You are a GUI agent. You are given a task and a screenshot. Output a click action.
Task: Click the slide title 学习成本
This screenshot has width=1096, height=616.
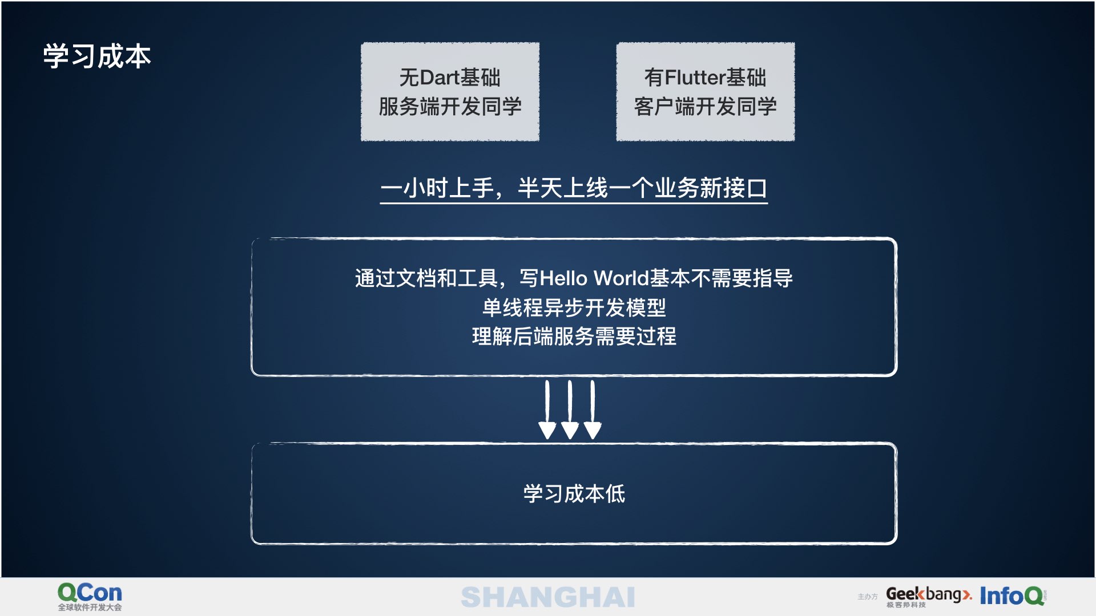tap(97, 56)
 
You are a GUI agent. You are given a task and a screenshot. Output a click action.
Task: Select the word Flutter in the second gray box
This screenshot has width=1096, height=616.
tap(695, 78)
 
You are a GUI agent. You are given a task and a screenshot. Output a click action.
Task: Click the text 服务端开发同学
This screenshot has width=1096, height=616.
tap(450, 107)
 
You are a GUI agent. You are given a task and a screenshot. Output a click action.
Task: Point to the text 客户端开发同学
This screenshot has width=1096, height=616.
tap(706, 107)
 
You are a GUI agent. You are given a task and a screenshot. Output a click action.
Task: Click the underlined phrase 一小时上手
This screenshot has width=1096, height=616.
tap(437, 188)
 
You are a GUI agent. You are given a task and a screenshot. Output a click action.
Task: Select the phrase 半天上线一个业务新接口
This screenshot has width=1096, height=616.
tap(642, 188)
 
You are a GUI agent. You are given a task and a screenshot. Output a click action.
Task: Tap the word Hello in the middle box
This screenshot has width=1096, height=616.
tap(563, 278)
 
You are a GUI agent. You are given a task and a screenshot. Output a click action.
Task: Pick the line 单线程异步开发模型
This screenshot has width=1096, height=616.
tap(574, 308)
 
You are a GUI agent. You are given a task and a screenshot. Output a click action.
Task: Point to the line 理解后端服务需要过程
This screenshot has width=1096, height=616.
tap(574, 337)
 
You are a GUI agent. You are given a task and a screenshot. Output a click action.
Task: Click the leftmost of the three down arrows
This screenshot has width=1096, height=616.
tap(547, 410)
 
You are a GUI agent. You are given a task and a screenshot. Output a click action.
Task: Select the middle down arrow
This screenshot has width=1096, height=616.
tap(570, 410)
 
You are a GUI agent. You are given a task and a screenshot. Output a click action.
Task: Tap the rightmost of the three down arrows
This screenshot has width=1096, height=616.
tap(593, 410)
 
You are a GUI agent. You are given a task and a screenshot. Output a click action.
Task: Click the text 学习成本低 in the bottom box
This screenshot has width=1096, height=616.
tap(574, 494)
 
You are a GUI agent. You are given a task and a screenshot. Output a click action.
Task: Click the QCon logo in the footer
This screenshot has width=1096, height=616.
tap(90, 593)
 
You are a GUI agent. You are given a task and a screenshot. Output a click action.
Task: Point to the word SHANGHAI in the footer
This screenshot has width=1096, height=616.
tap(548, 597)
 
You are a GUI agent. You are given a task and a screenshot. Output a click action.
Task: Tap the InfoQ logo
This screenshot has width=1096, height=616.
tap(1013, 596)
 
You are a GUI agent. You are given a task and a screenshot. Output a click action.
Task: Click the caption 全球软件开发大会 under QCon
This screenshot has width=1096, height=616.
tap(90, 607)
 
